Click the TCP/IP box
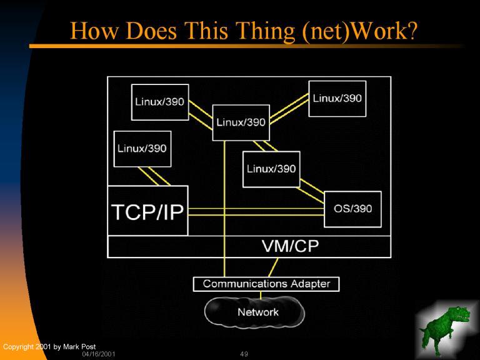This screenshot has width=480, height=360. pos(147,211)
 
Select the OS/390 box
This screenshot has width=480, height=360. pos(352,209)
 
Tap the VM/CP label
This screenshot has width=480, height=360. pos(289,246)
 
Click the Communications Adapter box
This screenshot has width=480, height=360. pos(266,284)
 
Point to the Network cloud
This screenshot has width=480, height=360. pos(257,312)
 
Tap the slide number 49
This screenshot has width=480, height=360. pos(244,354)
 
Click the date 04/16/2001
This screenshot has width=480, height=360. pos(99,354)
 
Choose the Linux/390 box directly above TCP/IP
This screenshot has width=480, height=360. pos(142,149)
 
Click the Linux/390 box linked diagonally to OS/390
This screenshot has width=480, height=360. pos(271,169)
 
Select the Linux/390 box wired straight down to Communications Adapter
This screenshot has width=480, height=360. pos(241,122)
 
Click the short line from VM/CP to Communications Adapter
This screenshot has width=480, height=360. pos(272,267)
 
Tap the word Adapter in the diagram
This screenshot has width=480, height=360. pos(310,284)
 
